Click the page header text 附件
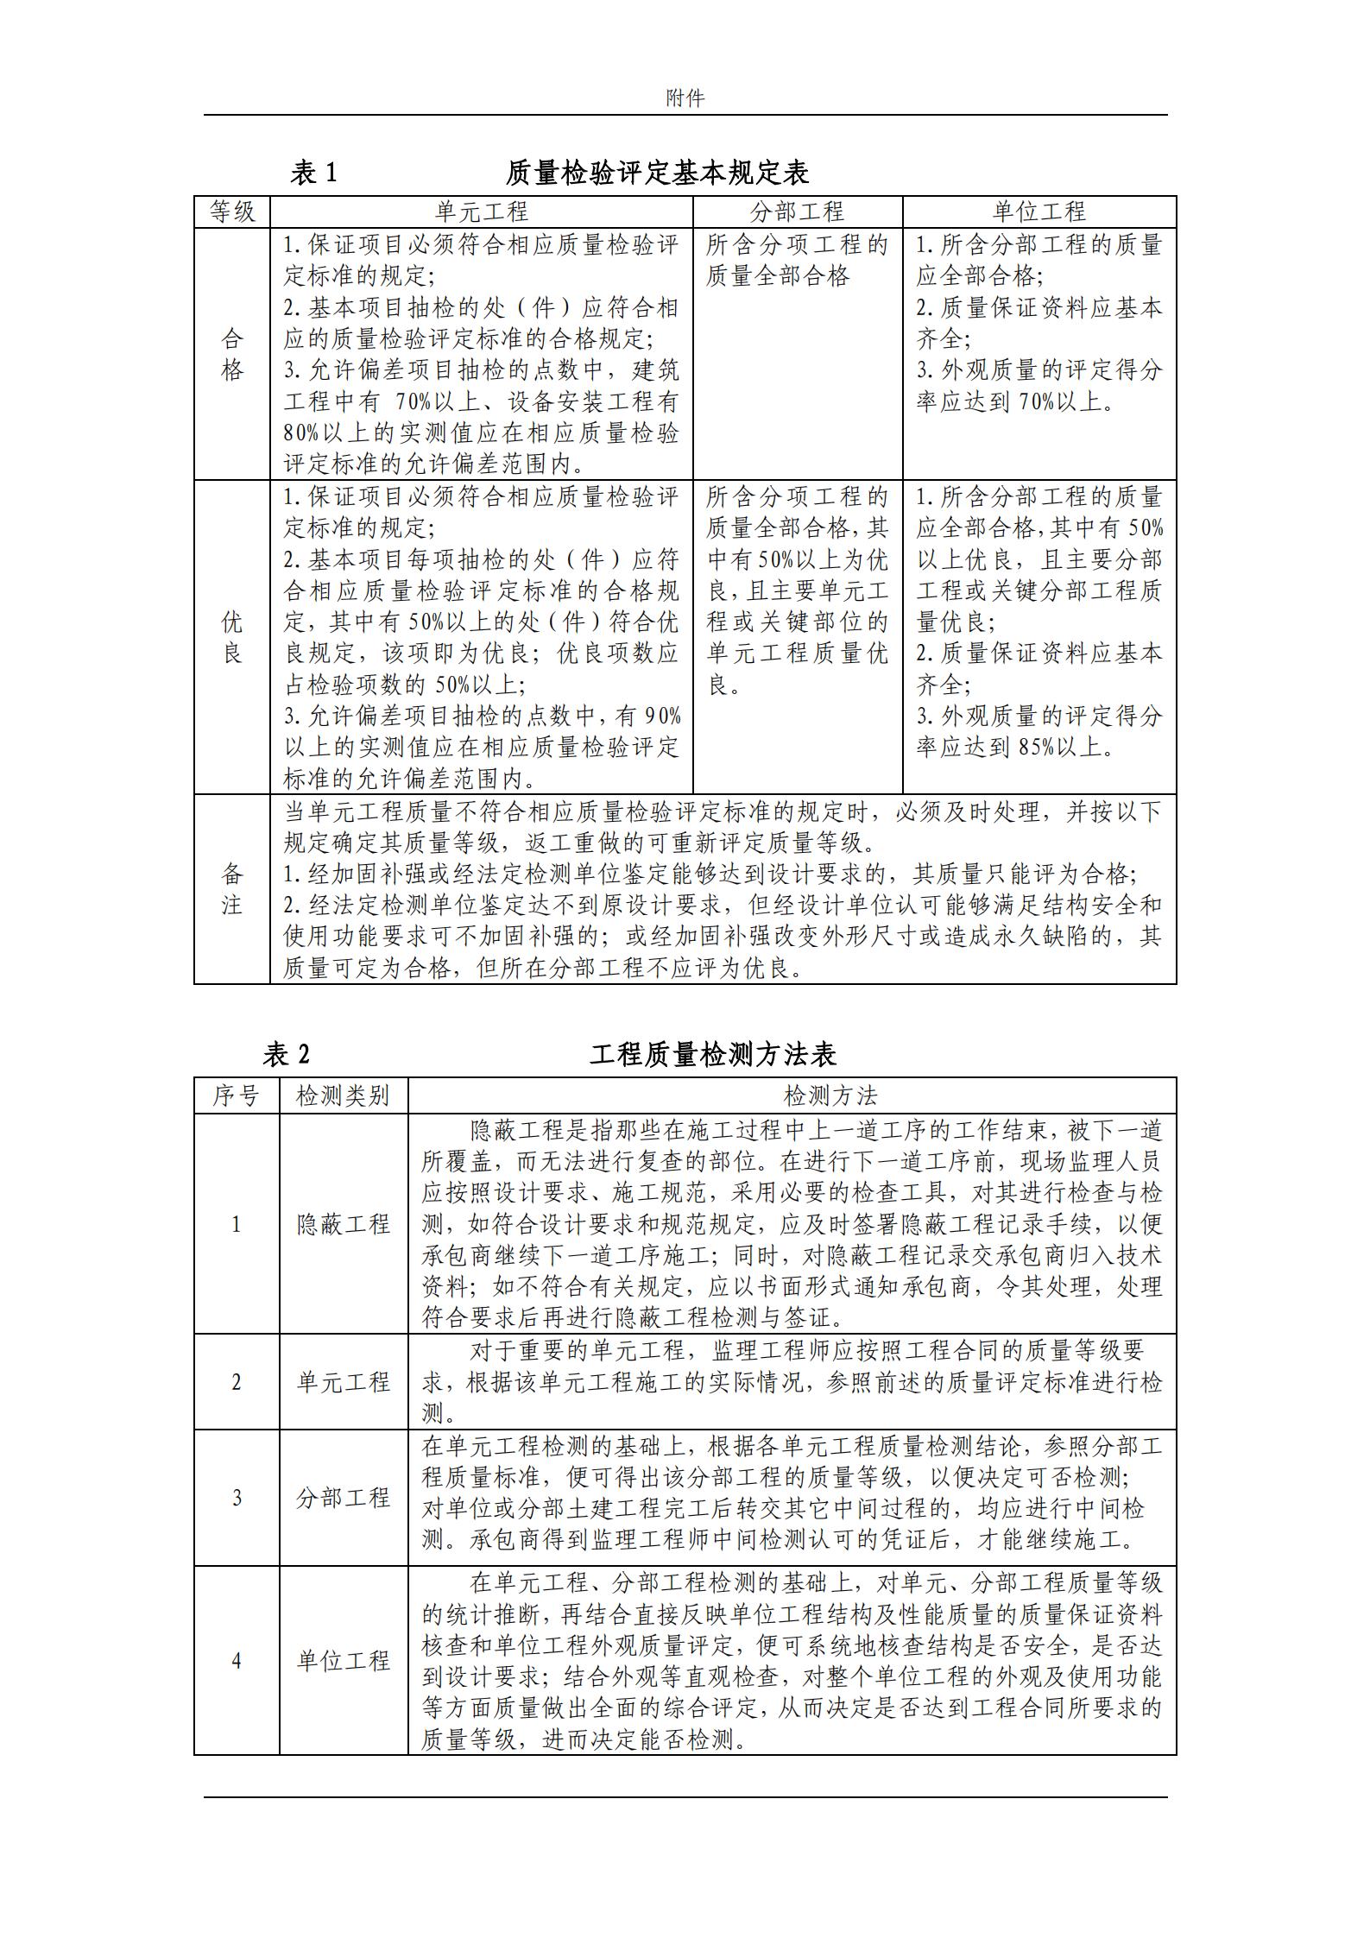(685, 98)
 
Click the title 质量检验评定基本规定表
(657, 173)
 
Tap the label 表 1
(313, 173)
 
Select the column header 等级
(232, 211)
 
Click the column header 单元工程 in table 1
(481, 211)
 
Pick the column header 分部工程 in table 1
(797, 211)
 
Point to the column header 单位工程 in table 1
(1039, 211)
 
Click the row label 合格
(232, 354)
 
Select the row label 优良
(232, 637)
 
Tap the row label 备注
(232, 889)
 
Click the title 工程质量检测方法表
(713, 1054)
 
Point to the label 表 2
(287, 1054)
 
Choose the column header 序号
(237, 1095)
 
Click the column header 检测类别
(344, 1095)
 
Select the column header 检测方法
(792, 1095)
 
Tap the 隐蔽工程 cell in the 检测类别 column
(344, 1224)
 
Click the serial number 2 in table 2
(237, 1382)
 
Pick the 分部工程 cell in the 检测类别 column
(344, 1498)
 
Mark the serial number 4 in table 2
(237, 1661)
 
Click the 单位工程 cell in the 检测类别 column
(344, 1661)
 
